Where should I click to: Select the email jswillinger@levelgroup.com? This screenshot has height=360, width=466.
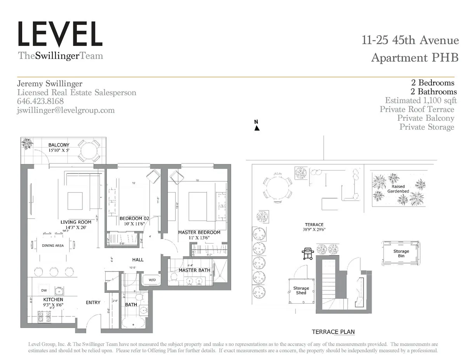[x=66, y=110]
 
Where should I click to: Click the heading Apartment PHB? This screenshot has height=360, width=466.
[x=414, y=58]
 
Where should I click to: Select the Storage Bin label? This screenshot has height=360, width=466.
[x=401, y=254]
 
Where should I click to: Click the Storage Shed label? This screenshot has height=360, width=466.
[x=301, y=290]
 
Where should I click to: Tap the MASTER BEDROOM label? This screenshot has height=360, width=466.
[x=199, y=232]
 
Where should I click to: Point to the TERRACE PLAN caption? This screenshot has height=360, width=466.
[x=333, y=332]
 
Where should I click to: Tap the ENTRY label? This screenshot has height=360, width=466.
[x=93, y=303]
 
